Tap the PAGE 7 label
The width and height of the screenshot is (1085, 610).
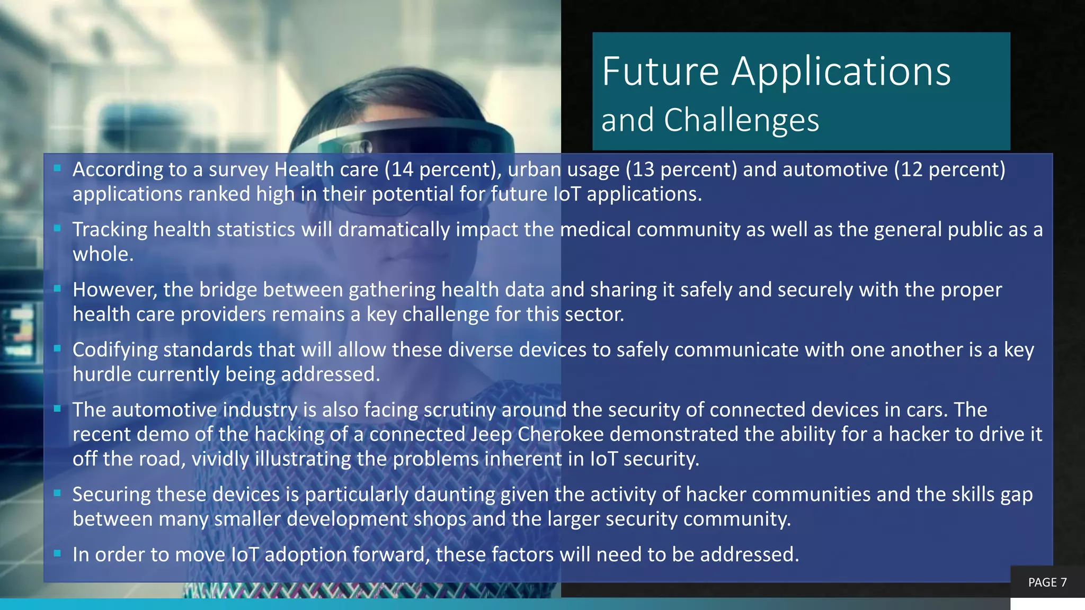click(x=1047, y=582)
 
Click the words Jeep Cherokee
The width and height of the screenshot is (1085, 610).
click(x=537, y=434)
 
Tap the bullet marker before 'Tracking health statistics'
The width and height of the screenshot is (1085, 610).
click(x=58, y=229)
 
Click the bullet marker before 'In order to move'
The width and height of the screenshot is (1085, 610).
click(x=58, y=554)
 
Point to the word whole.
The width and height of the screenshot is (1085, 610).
click(x=103, y=254)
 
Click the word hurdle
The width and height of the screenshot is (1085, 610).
click(x=102, y=374)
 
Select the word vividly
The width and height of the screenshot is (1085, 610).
click(x=220, y=459)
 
